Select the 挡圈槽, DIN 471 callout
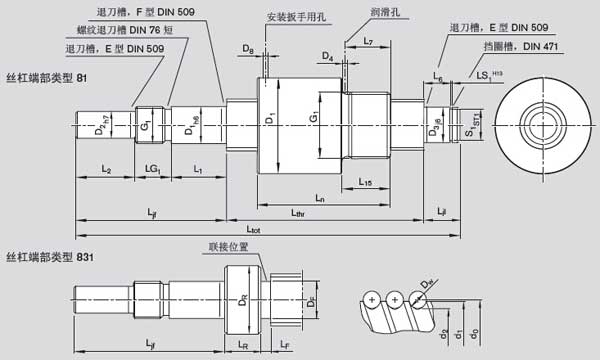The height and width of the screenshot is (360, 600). [x=529, y=46]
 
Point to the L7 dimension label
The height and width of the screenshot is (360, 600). [x=368, y=41]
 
